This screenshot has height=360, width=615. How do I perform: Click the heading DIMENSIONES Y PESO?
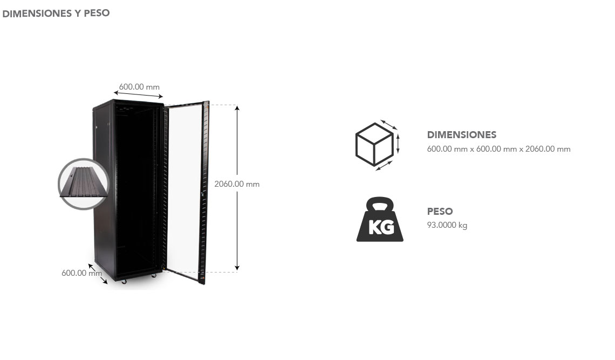point(56,13)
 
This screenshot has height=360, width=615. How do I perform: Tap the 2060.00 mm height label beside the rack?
point(237,184)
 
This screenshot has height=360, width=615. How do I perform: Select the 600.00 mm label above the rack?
point(139,87)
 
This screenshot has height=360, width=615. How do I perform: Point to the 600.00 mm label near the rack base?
point(81,273)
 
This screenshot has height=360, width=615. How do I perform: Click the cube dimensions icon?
point(376,145)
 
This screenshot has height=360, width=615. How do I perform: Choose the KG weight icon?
point(380,220)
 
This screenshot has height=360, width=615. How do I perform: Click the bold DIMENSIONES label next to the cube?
point(461,135)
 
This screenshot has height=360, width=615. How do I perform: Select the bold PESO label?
point(440,212)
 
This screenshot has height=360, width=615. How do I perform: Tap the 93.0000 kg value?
point(447,225)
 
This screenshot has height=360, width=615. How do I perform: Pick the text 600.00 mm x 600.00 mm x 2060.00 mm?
point(498,149)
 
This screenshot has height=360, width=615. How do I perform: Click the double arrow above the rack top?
point(138,96)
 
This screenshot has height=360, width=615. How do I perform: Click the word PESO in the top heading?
point(97,13)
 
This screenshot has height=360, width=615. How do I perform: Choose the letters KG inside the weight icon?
point(380,227)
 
